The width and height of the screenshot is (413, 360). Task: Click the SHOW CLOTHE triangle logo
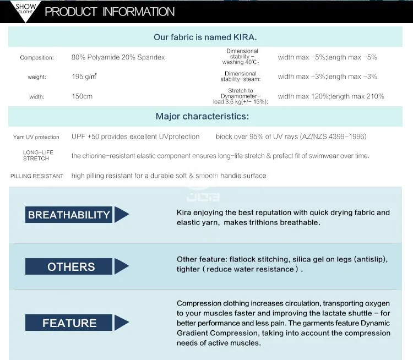click(x=25, y=10)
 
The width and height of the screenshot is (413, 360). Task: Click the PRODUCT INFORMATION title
click(x=110, y=12)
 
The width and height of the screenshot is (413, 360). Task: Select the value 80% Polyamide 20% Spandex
click(x=118, y=57)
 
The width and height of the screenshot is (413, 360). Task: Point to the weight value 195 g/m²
click(x=84, y=77)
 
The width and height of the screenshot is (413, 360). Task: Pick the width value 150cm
click(x=82, y=96)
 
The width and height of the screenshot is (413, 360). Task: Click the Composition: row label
click(x=37, y=58)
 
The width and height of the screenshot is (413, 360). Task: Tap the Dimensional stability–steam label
click(x=241, y=77)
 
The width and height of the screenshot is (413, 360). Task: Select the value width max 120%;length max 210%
click(x=331, y=96)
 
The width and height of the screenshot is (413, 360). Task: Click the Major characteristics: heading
click(x=202, y=116)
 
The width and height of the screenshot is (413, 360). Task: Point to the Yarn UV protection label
click(x=36, y=137)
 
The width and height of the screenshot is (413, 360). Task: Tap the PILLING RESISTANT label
click(x=37, y=176)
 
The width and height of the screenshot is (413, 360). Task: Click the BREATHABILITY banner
click(x=69, y=215)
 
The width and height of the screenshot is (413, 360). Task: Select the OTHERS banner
click(x=69, y=266)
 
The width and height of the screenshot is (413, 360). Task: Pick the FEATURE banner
click(x=69, y=323)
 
